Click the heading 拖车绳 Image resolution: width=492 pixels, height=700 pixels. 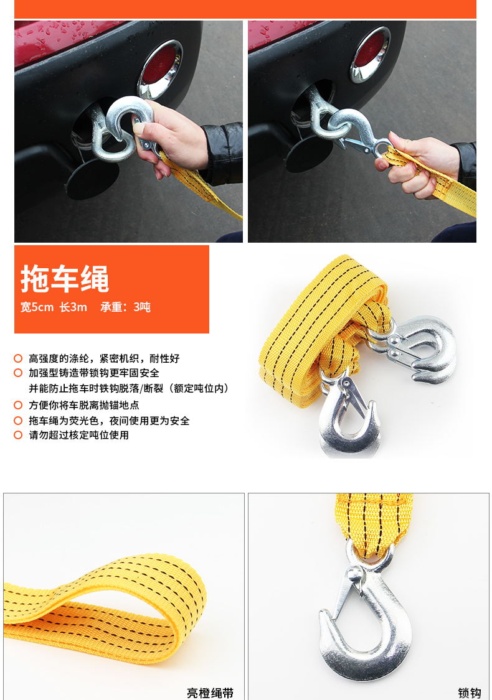(x=65, y=279)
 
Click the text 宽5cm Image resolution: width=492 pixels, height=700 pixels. (x=37, y=307)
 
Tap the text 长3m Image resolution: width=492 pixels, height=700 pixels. (x=73, y=307)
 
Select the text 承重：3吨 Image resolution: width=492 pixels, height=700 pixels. (x=126, y=307)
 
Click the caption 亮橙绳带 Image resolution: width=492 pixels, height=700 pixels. (x=210, y=693)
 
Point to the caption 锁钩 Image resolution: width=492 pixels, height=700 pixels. (x=469, y=693)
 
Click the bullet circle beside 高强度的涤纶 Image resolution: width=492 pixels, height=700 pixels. (x=18, y=358)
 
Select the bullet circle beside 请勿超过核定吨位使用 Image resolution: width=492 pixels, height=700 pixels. (x=18, y=435)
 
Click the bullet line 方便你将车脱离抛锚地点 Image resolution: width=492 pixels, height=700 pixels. (x=84, y=405)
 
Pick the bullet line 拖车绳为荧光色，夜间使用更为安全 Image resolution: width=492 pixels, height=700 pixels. (x=109, y=421)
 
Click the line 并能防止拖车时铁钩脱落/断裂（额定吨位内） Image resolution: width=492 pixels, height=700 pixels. (x=130, y=388)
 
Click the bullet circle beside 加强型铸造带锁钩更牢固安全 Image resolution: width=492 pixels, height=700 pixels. (x=18, y=373)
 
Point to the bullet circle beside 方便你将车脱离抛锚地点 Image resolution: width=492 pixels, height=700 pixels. (x=18, y=405)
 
